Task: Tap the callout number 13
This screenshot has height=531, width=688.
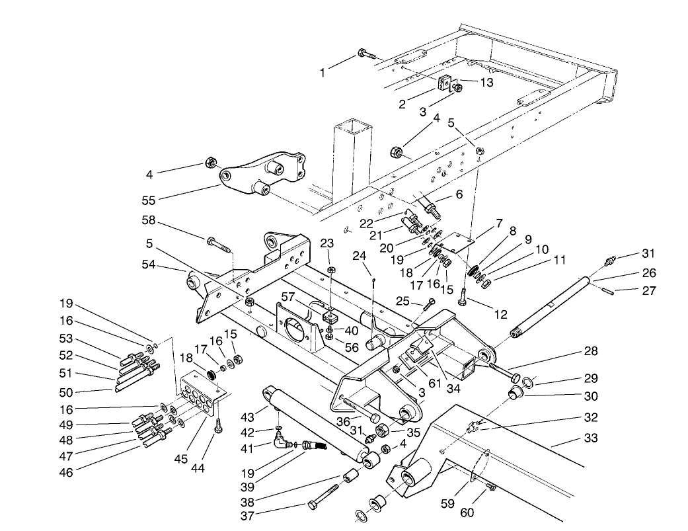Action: pyautogui.click(x=486, y=83)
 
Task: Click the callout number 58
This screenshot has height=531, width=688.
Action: pyautogui.click(x=149, y=220)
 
